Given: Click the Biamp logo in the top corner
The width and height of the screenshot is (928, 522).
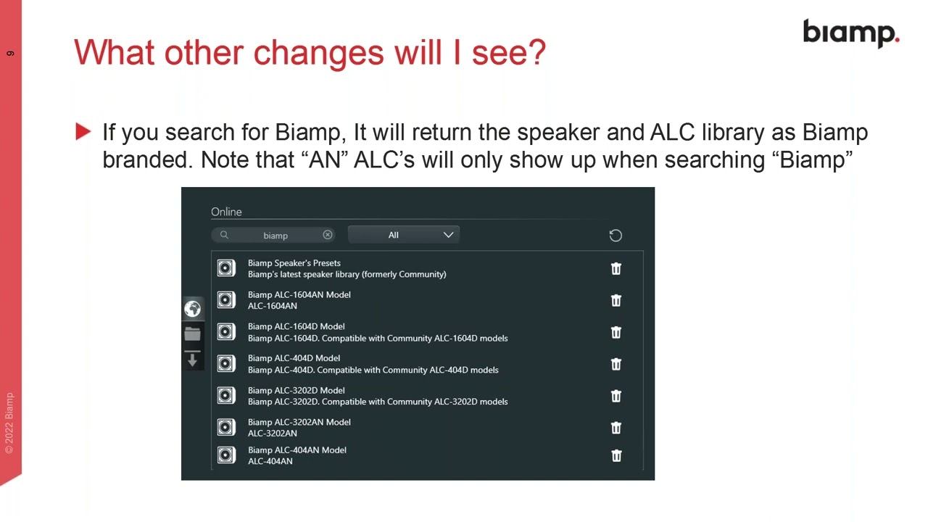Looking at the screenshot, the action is pyautogui.click(x=851, y=33).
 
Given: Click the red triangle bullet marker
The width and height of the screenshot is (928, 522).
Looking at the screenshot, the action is pyautogui.click(x=83, y=132).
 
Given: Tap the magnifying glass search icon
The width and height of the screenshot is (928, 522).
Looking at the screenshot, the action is pyautogui.click(x=224, y=235).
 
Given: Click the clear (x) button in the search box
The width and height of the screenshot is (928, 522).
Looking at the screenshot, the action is pyautogui.click(x=327, y=235).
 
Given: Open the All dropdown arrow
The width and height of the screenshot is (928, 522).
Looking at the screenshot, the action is pyautogui.click(x=448, y=235).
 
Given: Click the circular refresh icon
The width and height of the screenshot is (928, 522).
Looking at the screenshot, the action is pyautogui.click(x=616, y=236).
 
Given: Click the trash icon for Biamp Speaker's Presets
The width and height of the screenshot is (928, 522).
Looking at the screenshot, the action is pyautogui.click(x=616, y=268).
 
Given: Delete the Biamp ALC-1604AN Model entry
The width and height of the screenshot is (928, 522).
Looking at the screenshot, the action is pyautogui.click(x=616, y=300).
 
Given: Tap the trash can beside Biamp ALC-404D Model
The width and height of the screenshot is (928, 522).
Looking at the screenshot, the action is pyautogui.click(x=616, y=364).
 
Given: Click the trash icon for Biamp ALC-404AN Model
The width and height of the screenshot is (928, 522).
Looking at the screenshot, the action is pyautogui.click(x=616, y=456).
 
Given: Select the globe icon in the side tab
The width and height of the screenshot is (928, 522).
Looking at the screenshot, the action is pyautogui.click(x=192, y=309).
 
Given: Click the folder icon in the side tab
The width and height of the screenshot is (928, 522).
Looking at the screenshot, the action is pyautogui.click(x=192, y=333).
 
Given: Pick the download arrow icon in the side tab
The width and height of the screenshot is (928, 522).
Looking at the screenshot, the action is pyautogui.click(x=192, y=359).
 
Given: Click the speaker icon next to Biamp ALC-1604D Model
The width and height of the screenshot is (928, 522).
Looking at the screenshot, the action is pyautogui.click(x=226, y=332).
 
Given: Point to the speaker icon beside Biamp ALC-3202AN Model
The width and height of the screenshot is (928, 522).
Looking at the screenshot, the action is pyautogui.click(x=226, y=427).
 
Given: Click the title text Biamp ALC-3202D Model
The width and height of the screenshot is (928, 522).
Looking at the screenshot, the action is pyautogui.click(x=297, y=390).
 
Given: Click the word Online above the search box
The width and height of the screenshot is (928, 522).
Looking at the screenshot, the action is pyautogui.click(x=226, y=212).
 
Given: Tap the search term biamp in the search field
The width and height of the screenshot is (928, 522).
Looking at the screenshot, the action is pyautogui.click(x=275, y=236).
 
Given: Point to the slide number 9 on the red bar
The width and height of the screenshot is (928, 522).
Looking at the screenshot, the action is pyautogui.click(x=10, y=54).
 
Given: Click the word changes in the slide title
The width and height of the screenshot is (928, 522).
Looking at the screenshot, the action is pyautogui.click(x=318, y=53).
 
